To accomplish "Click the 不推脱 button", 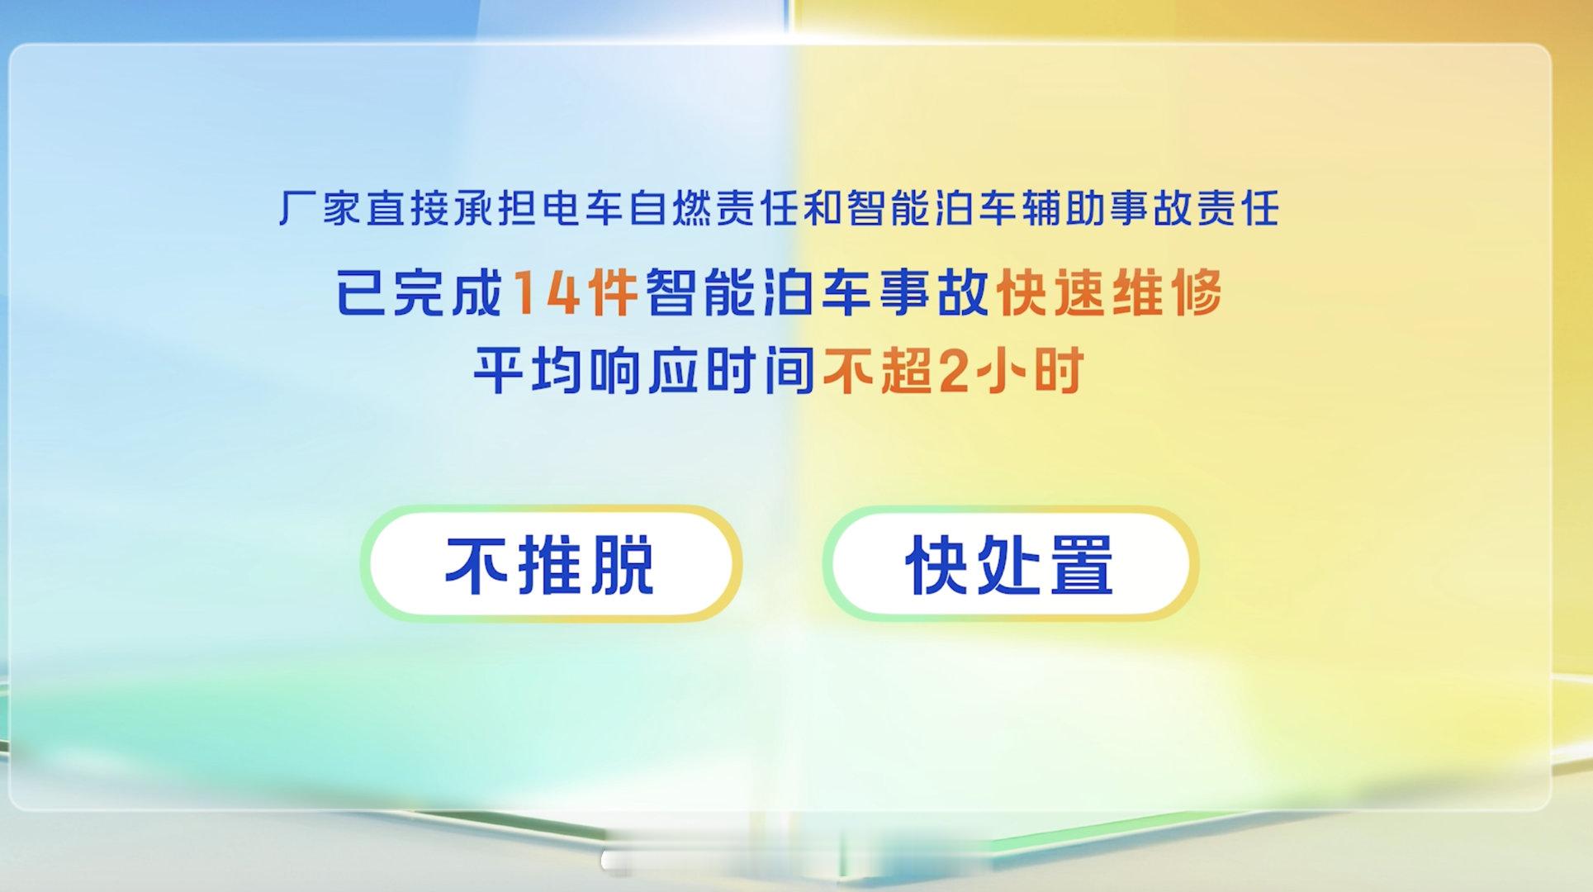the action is [551, 564].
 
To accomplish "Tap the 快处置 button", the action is [1010, 564].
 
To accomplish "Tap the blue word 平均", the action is [528, 372].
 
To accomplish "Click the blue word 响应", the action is [643, 372].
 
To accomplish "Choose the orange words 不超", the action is [875, 372].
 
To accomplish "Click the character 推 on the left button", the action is [551, 565].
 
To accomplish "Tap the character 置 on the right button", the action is [1080, 565].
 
